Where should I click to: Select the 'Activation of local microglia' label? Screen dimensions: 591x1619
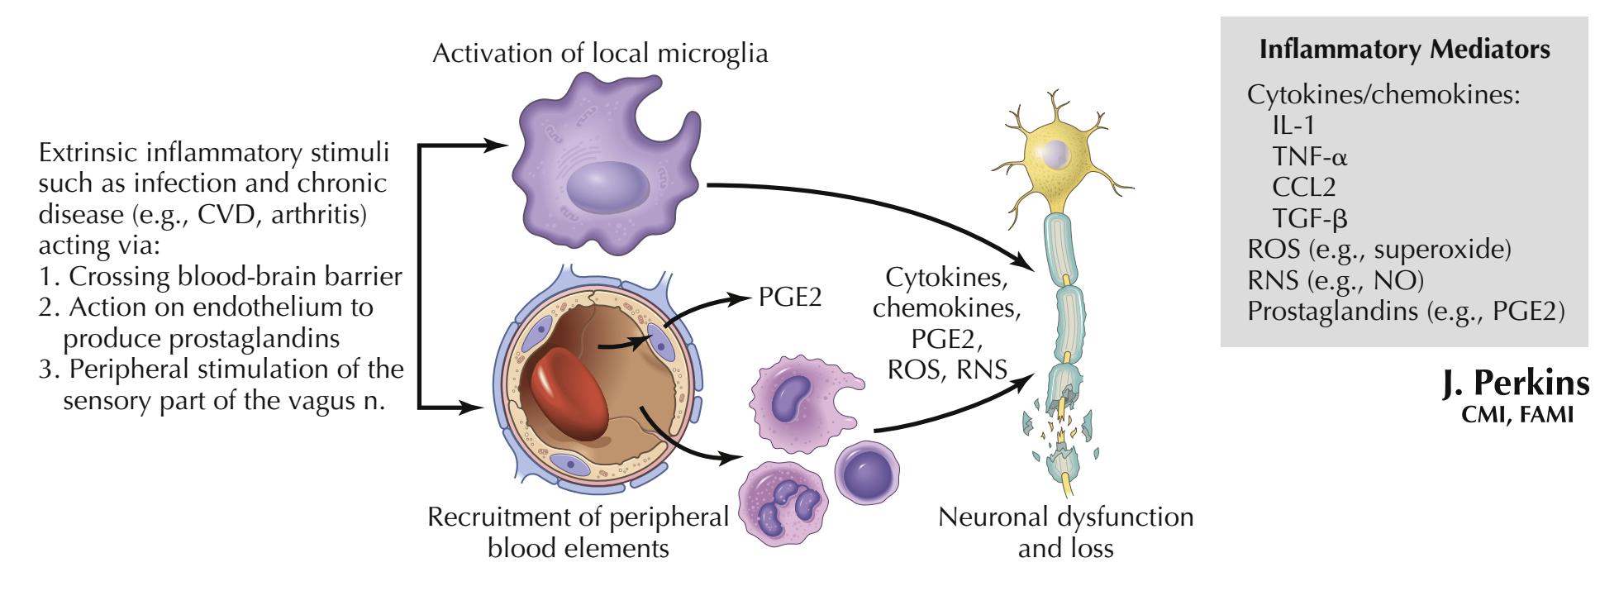tap(600, 55)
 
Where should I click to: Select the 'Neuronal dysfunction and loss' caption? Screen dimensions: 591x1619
tap(1065, 532)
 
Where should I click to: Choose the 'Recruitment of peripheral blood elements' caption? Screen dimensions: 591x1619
tap(578, 532)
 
